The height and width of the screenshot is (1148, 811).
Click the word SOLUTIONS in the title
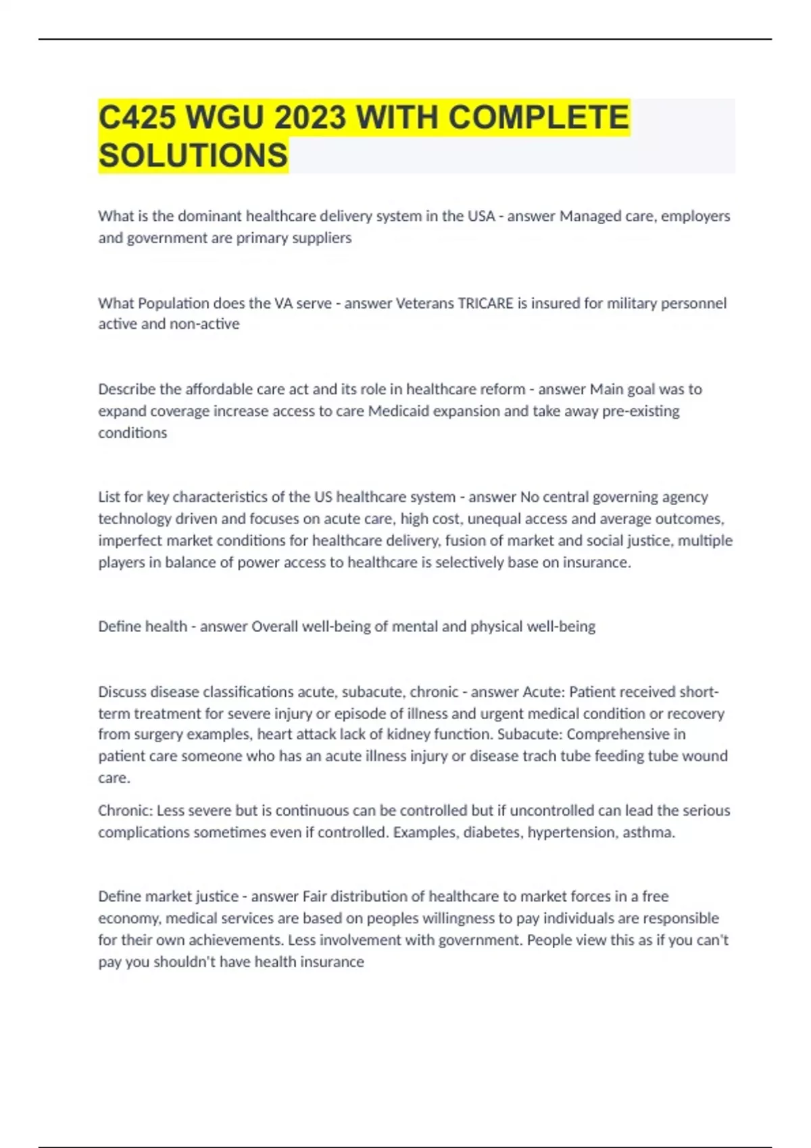(x=193, y=156)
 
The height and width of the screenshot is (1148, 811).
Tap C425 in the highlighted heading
(x=137, y=118)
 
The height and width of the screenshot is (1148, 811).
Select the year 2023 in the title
(x=310, y=118)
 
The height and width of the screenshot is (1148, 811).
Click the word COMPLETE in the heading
(x=539, y=118)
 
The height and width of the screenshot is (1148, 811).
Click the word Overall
(x=274, y=627)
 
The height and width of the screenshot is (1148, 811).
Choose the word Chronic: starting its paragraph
(x=125, y=810)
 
